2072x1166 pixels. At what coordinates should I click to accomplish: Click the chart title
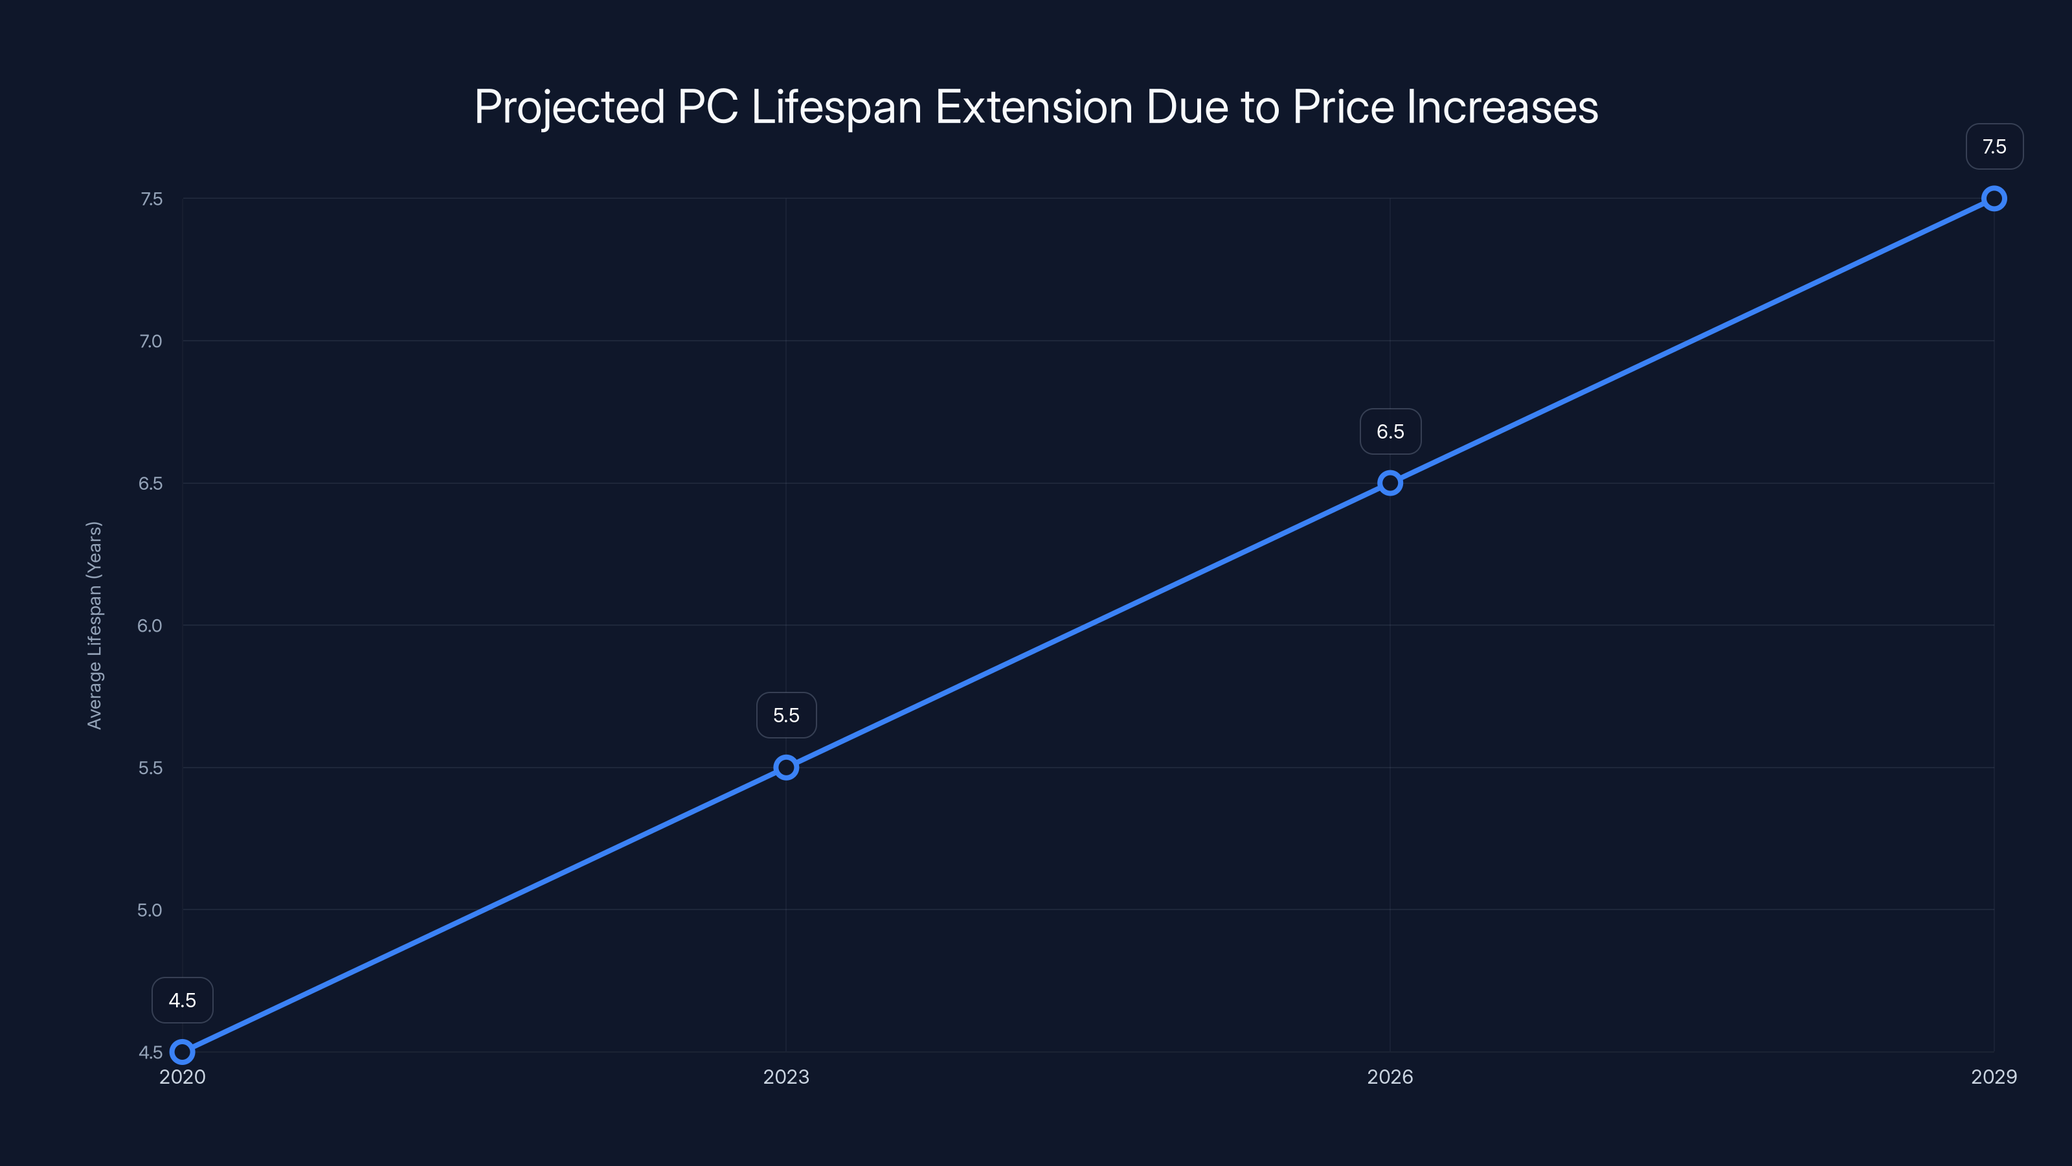click(1036, 107)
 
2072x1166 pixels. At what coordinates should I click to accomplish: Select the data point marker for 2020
click(183, 1052)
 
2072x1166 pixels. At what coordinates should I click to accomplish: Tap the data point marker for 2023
click(786, 768)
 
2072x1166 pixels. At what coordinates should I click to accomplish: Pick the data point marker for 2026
click(1390, 483)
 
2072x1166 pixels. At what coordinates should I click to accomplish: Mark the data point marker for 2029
click(1994, 199)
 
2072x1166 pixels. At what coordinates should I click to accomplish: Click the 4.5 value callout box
click(183, 1000)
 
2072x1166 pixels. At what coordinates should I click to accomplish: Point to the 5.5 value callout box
click(786, 715)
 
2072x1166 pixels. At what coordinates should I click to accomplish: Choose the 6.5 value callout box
click(1390, 431)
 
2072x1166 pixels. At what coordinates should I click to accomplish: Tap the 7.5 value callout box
click(1994, 146)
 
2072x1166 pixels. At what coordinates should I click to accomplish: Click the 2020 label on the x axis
click(183, 1077)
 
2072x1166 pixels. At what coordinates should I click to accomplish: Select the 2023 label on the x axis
click(786, 1077)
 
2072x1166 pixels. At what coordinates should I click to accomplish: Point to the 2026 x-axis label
click(1390, 1077)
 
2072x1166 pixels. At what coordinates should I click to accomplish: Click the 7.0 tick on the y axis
click(150, 341)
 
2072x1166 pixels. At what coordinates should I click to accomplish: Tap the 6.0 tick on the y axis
click(150, 625)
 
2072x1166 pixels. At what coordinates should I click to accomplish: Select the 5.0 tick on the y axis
click(150, 910)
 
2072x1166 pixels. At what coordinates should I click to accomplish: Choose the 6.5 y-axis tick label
click(150, 483)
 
